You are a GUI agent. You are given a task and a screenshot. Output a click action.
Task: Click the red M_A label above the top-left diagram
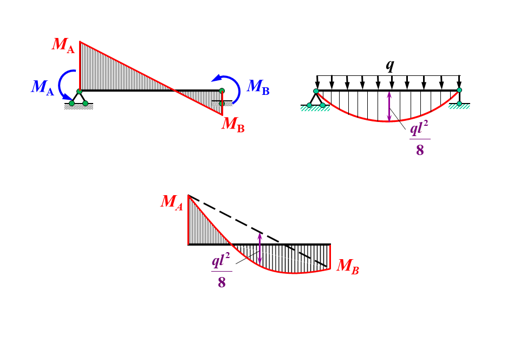coord(63,45)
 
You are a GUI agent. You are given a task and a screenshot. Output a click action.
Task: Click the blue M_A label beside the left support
coord(43,87)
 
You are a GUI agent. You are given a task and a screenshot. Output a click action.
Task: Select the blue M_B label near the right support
coord(258,87)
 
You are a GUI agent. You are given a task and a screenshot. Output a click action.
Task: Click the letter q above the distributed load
coord(389,65)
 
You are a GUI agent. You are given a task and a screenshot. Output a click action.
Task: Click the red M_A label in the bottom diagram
coord(172,202)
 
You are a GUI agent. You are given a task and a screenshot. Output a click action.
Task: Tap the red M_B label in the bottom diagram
coord(348,266)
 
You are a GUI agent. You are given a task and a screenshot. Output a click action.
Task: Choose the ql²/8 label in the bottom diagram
coord(221,270)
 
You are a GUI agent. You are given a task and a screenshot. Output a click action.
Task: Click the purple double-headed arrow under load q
coord(389,106)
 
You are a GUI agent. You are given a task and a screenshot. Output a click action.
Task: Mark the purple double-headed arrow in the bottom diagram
coord(260,249)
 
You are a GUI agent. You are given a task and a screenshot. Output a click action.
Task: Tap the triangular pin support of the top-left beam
coord(79,98)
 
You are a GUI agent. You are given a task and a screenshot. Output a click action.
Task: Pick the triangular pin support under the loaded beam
coord(316,99)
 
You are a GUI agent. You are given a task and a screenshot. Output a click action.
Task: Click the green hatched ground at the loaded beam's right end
coord(459,107)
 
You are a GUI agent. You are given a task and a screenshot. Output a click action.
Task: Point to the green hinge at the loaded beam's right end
coord(459,90)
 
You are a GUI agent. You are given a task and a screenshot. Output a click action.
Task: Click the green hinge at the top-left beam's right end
coord(222,91)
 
